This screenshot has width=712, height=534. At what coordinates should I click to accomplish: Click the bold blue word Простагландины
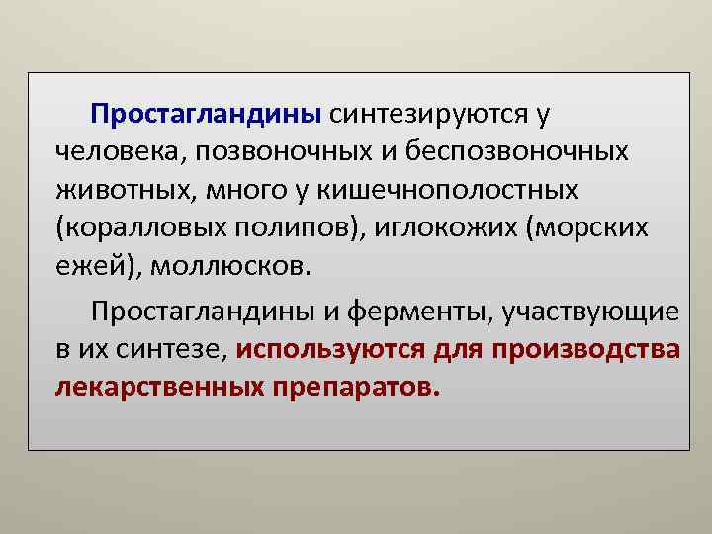[x=206, y=115]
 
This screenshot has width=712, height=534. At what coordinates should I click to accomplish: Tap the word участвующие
[x=590, y=312]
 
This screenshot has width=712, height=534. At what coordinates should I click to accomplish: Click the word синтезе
[x=177, y=350]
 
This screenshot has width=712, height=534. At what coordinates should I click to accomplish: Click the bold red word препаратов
[x=352, y=387]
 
